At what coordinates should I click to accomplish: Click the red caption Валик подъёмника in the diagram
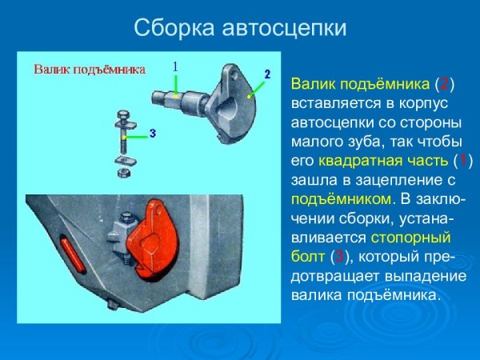pyautogui.click(x=89, y=70)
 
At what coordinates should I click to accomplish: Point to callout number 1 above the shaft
pyautogui.click(x=175, y=66)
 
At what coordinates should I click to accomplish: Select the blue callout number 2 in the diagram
pyautogui.click(x=267, y=74)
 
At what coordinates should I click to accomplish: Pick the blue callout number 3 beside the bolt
pyautogui.click(x=152, y=130)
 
